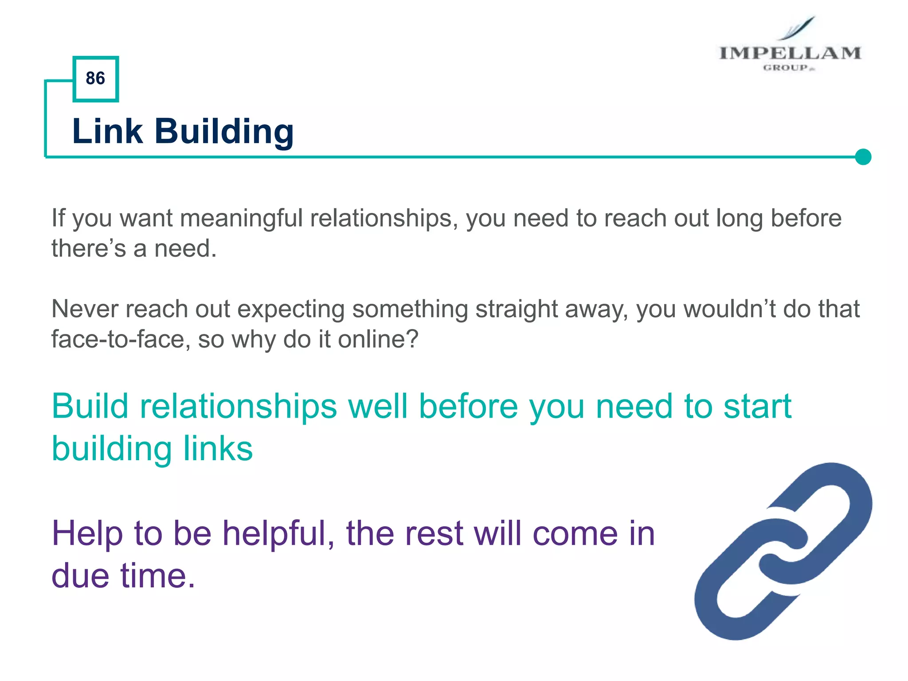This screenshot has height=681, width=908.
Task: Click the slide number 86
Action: (x=95, y=78)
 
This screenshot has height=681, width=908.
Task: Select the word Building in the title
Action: (x=224, y=133)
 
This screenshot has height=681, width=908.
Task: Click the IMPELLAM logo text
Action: (x=790, y=53)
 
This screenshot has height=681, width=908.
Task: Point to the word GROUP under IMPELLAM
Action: (x=786, y=68)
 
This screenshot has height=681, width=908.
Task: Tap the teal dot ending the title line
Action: (x=863, y=157)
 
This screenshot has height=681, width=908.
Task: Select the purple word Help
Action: (x=87, y=533)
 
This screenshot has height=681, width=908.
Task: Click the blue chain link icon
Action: (x=783, y=551)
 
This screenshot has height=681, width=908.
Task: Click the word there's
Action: (x=89, y=249)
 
